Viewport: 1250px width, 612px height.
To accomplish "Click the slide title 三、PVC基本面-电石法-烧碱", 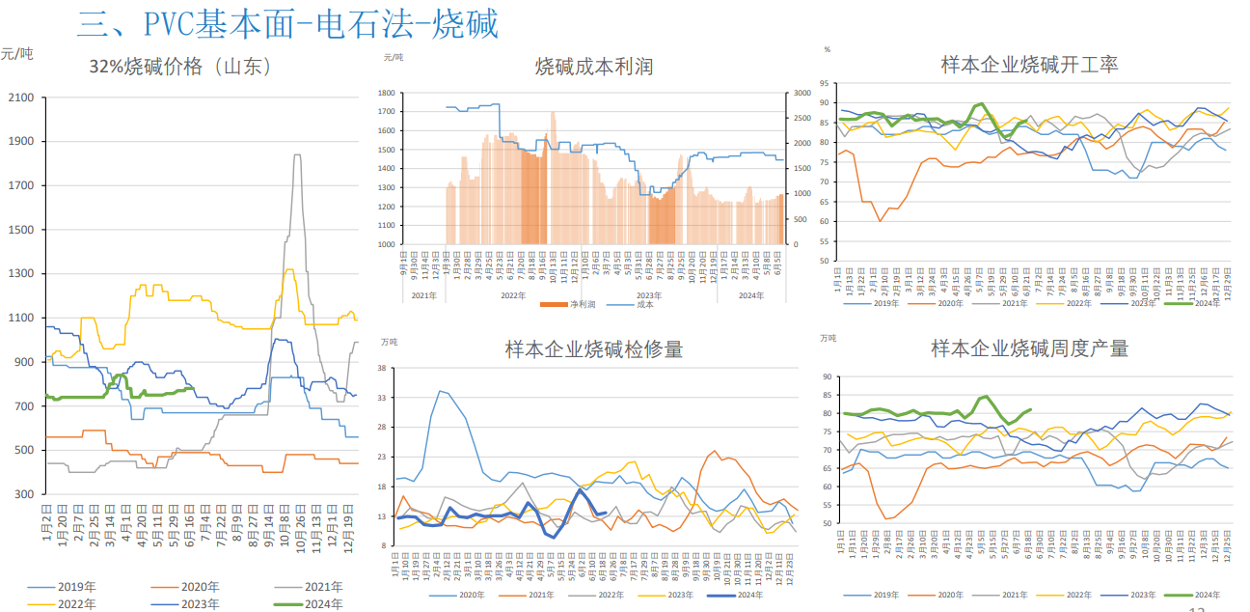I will [287, 23].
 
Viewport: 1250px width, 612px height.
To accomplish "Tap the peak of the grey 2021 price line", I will [296, 154].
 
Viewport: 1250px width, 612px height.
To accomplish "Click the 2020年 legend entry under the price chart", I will [186, 586].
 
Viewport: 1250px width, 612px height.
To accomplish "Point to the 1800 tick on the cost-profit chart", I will [385, 94].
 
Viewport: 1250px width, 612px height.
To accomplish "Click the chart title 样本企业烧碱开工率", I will [1029, 65].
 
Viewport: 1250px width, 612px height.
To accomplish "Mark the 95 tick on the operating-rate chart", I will [825, 83].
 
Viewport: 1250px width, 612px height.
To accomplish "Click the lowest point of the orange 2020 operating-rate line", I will [880, 221].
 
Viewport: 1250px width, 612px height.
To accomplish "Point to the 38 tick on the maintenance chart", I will [383, 368].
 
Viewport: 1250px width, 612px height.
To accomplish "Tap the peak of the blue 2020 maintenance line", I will [441, 391].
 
